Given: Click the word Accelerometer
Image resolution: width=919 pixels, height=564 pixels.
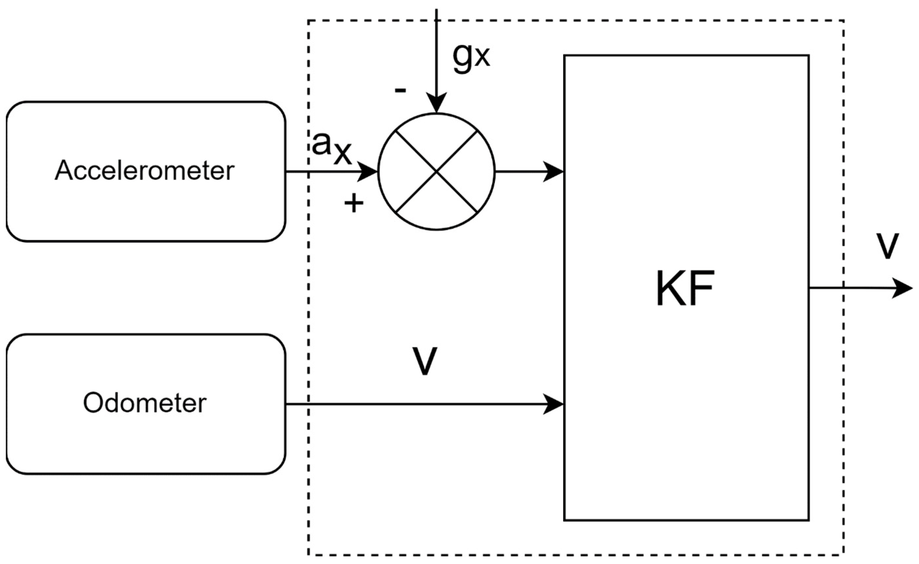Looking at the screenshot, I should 145,171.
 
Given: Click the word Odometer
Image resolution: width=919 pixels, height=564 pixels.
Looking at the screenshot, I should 145,403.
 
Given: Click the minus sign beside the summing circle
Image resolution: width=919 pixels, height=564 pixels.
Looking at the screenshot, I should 400,90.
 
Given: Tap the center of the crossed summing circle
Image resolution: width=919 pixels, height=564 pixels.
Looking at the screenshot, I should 436,172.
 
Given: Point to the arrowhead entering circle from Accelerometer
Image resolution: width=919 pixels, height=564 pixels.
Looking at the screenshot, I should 368,172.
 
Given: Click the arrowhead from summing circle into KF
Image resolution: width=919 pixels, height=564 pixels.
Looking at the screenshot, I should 553,172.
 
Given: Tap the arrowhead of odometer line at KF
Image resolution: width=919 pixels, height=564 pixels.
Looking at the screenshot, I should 553,404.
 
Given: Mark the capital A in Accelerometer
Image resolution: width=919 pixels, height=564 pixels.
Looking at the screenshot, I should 63,171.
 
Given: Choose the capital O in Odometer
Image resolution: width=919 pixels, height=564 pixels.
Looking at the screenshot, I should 93,403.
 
